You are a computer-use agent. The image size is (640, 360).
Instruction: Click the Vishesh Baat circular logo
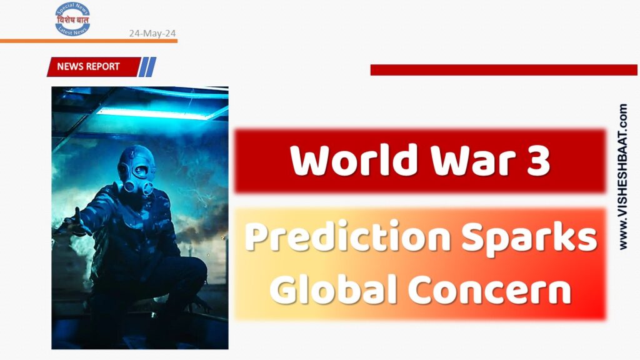72,19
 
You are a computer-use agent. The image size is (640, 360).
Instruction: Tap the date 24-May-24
152,33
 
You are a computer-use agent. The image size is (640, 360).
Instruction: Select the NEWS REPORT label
89,66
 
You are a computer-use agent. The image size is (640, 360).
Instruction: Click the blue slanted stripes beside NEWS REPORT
147,66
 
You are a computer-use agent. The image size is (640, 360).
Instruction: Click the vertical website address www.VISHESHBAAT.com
622,177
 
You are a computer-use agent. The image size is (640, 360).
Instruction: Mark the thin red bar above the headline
503,69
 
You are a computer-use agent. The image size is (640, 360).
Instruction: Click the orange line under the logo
88,41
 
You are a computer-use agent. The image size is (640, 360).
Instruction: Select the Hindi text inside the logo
72,19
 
